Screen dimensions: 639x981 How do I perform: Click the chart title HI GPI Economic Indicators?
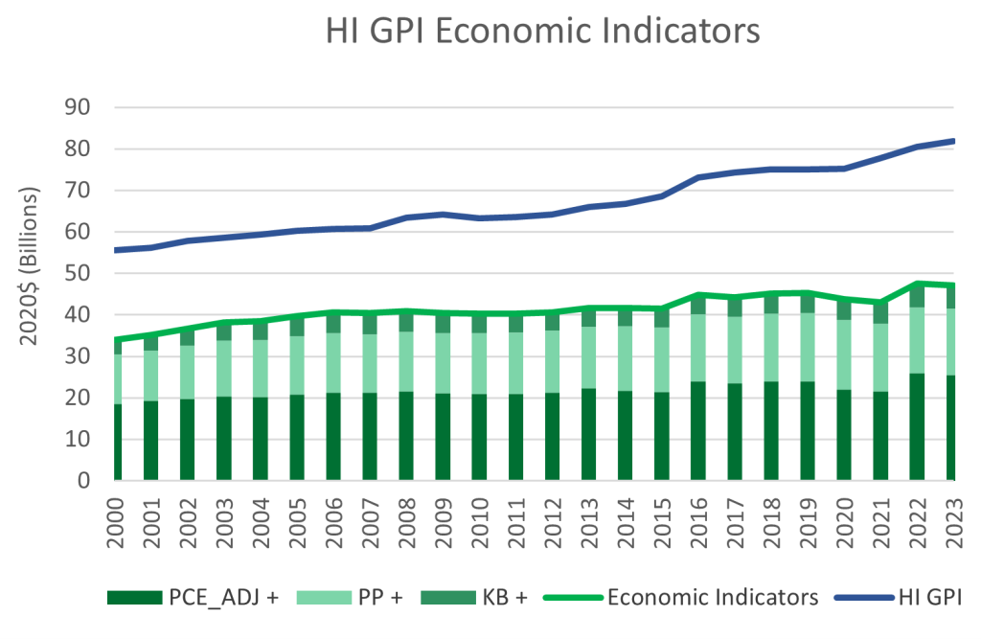tap(542, 31)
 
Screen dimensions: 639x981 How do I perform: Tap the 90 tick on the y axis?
tap(75, 107)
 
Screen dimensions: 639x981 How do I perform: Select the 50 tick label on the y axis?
tap(75, 273)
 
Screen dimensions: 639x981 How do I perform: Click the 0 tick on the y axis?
tap(82, 481)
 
